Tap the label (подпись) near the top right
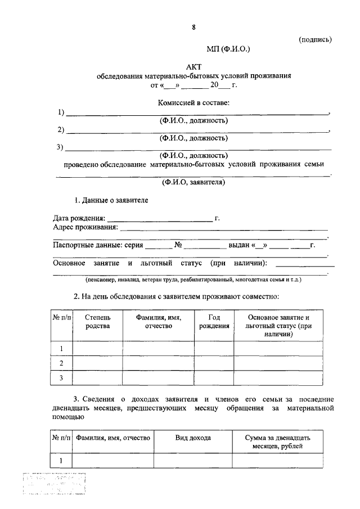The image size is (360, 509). [x=316, y=39]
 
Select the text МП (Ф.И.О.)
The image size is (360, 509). [x=227, y=49]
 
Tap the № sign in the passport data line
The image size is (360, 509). [x=179, y=246]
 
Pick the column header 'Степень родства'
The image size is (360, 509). [x=98, y=322]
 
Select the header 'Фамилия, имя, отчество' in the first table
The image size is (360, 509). [x=158, y=322]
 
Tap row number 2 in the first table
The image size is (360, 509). [x=61, y=363]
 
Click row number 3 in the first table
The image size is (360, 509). [x=61, y=378]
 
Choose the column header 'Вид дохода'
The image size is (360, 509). [x=193, y=438]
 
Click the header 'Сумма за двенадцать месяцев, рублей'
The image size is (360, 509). [x=278, y=442]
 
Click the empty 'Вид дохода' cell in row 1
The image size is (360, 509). [x=193, y=461]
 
